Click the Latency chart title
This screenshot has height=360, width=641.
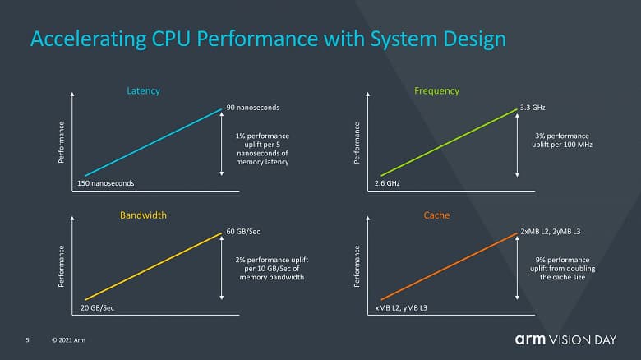coord(144,90)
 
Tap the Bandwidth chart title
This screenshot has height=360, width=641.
coord(144,215)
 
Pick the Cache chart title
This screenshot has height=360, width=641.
coord(437,215)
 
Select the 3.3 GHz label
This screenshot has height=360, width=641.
coord(533,108)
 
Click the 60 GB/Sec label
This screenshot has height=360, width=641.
coord(245,232)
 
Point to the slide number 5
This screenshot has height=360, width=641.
coord(27,339)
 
